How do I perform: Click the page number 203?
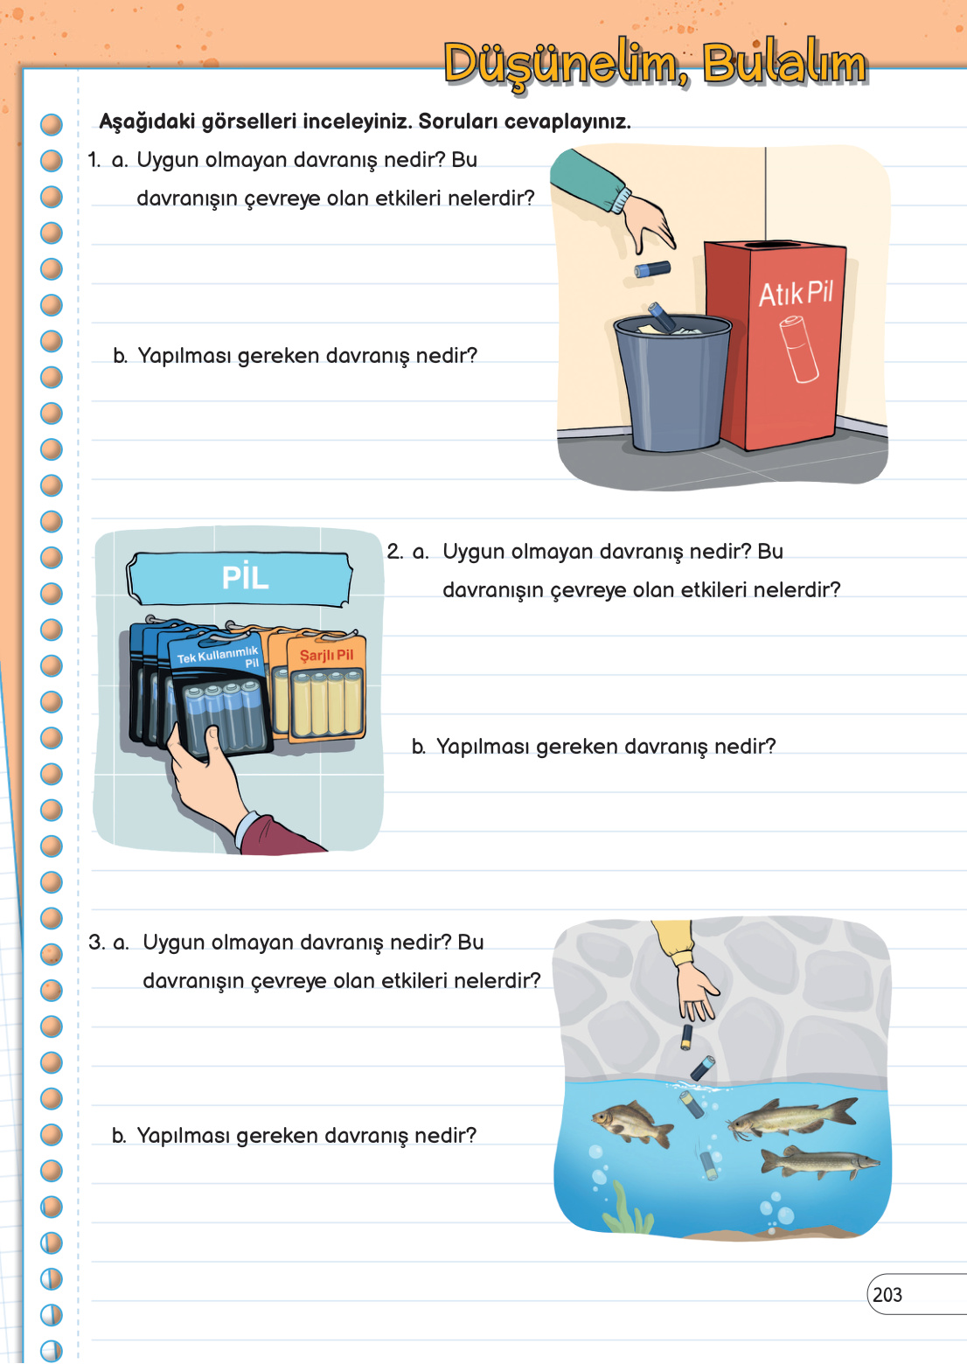pyautogui.click(x=887, y=1295)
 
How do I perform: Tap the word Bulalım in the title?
pyautogui.click(x=784, y=63)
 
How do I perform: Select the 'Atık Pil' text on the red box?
pyautogui.click(x=796, y=294)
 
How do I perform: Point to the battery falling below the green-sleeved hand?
pyautogui.click(x=652, y=268)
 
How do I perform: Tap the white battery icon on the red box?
pyautogui.click(x=798, y=349)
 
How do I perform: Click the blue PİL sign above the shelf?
pyautogui.click(x=240, y=579)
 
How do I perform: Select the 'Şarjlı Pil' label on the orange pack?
pyautogui.click(x=326, y=655)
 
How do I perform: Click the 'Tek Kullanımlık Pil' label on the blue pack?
pyautogui.click(x=219, y=657)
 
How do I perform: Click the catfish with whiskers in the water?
pyautogui.click(x=791, y=1117)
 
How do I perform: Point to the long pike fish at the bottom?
pyautogui.click(x=819, y=1162)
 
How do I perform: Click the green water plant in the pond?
pyautogui.click(x=627, y=1208)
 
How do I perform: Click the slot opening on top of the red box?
pyautogui.click(x=776, y=245)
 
